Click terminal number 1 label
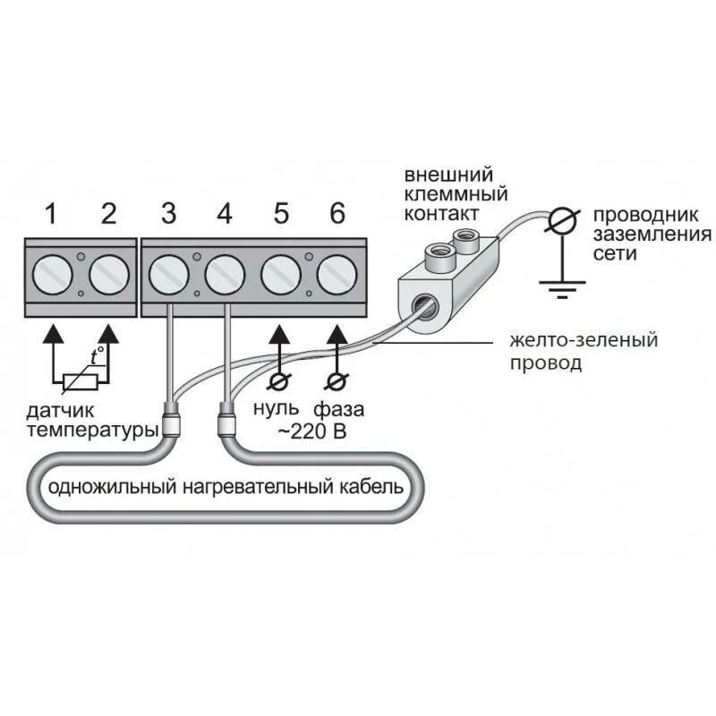click(x=51, y=214)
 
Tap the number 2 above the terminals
click(x=108, y=214)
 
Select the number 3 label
click(x=168, y=214)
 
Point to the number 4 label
click(x=225, y=214)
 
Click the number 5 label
click(x=281, y=214)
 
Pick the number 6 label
click(x=337, y=214)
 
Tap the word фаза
click(x=339, y=412)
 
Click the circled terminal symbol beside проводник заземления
click(x=562, y=220)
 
